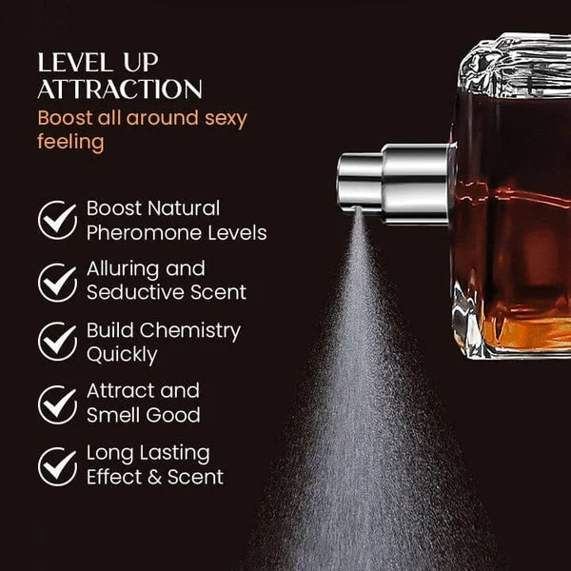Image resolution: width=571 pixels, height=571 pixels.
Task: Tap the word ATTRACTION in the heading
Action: pos(119,90)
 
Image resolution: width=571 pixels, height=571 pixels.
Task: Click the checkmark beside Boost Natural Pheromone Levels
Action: pos(57,219)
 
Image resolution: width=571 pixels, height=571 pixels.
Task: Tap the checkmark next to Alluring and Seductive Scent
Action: pos(57,281)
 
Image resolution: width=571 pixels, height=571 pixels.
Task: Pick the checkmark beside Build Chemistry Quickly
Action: pos(57,343)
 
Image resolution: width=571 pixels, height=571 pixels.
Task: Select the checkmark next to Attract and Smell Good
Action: pos(57,404)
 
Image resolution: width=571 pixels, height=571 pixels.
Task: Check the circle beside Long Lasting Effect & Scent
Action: pos(57,465)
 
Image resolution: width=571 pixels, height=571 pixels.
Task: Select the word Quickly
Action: pos(122,355)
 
